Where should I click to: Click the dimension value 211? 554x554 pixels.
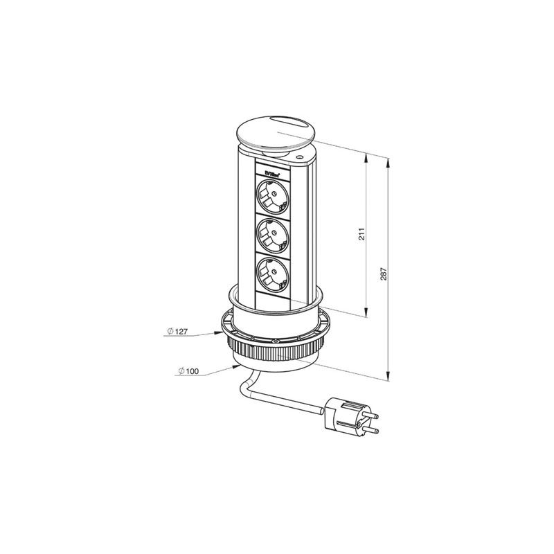[x=361, y=233]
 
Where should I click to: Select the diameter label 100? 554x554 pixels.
[x=188, y=372]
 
